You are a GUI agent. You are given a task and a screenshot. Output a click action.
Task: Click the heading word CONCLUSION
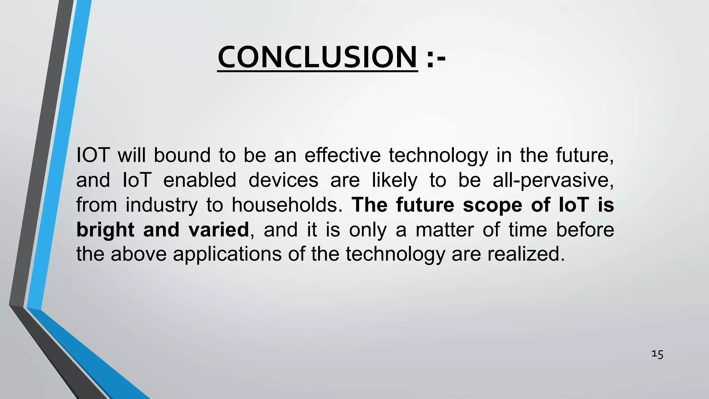pos(317,57)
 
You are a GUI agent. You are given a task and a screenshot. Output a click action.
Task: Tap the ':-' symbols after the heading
pos(436,57)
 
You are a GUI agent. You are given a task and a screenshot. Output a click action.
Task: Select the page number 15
pos(657,354)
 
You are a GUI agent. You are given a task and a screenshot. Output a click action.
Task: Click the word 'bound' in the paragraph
pos(182,155)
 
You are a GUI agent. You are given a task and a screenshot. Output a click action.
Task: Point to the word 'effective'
pos(342,155)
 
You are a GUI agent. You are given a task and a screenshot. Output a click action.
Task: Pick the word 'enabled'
pos(199,180)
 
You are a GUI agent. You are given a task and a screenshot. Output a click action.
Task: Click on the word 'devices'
pos(283,180)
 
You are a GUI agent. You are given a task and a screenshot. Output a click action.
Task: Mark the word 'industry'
pos(161,205)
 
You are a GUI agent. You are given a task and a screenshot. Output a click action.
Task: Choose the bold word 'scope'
pos(492,205)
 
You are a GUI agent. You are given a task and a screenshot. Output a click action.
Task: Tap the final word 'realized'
pos(526,254)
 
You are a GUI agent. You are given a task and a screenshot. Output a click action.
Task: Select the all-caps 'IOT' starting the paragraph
pos(93,155)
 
